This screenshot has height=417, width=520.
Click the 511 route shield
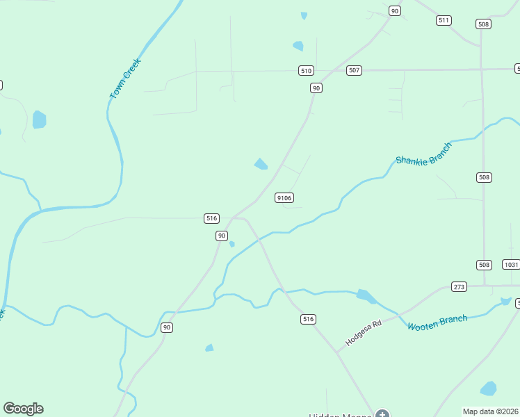coord(444,20)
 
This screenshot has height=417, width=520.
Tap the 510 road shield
coord(306,70)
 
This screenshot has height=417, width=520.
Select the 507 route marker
coord(354,70)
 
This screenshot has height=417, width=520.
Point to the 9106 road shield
coord(284,198)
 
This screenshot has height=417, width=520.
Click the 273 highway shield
coord(458,286)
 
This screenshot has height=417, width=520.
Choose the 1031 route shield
coord(511,265)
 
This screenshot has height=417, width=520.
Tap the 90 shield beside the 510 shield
coord(316,88)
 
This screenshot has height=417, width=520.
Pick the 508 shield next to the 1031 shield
coord(485,265)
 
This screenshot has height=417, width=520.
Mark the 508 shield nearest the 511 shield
coord(483,24)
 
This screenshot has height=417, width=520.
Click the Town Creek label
coord(125,78)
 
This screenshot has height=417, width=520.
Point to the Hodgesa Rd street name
coord(364,334)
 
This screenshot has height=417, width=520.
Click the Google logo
coord(23,409)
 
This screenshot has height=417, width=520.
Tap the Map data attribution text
coord(490,411)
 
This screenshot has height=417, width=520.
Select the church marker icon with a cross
coord(382,414)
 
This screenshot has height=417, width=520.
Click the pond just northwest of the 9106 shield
coord(261,164)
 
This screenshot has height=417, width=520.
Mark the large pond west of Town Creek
coord(39,120)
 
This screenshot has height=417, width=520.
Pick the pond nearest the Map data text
coord(489,389)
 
